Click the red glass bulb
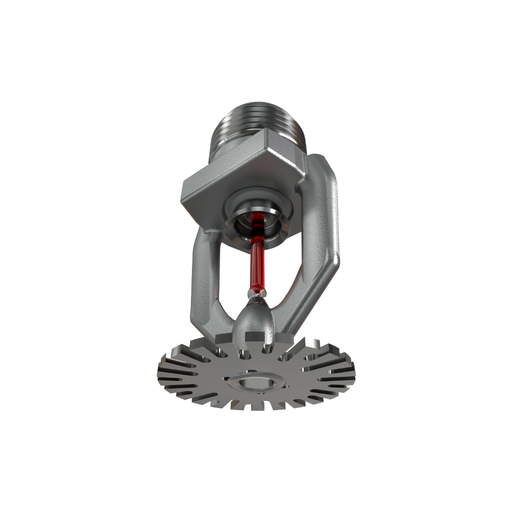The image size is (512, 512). click(x=258, y=262)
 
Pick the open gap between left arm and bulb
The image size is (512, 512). click(x=228, y=270)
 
